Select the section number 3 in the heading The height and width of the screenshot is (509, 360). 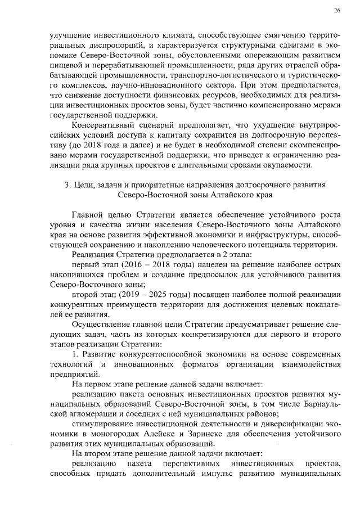click(x=67, y=185)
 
